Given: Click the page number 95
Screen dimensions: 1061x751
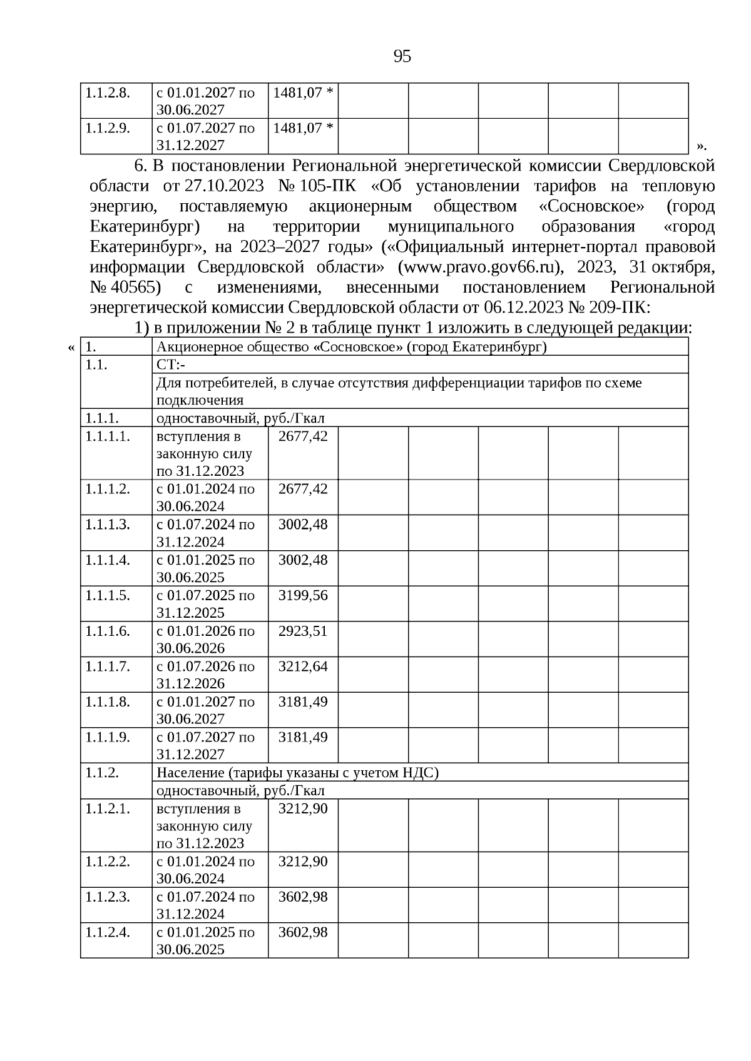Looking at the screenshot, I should (402, 57).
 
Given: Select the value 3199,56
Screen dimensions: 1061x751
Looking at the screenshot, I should (303, 595).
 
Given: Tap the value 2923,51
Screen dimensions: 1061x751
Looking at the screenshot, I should (303, 631).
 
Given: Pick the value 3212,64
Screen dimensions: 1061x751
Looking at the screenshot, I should (303, 666).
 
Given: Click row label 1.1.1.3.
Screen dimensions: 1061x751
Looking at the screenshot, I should (108, 525).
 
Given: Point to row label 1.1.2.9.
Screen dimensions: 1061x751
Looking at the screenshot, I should (108, 128).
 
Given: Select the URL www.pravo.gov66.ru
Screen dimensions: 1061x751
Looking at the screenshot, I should (479, 267).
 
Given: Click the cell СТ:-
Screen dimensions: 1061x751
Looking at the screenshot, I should (166, 365).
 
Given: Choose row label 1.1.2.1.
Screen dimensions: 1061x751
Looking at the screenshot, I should (108, 808).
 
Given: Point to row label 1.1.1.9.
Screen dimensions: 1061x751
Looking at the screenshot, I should (108, 737).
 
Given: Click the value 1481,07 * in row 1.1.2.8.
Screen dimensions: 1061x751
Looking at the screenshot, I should (304, 93).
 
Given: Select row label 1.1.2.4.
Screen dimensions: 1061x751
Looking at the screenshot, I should (108, 932).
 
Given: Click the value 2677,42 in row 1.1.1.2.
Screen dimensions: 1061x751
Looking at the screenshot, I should (303, 489).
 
